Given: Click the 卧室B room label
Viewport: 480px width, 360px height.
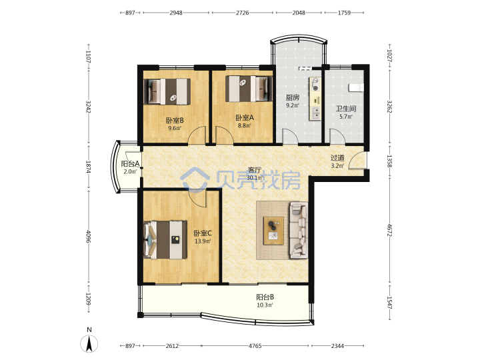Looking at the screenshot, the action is (x=175, y=120).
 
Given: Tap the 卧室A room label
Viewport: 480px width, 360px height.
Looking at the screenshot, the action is (x=245, y=117).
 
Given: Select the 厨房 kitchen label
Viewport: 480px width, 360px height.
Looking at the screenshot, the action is (x=293, y=97).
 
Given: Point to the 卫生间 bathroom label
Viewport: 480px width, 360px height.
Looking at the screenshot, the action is (x=346, y=109).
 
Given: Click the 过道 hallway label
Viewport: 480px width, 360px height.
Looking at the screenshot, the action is (x=337, y=158).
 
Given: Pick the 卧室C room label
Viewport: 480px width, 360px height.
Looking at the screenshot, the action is (x=203, y=233).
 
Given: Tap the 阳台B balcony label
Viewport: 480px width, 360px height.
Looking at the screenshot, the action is (x=265, y=297).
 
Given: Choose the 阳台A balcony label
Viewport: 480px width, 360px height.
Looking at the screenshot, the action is (x=131, y=164).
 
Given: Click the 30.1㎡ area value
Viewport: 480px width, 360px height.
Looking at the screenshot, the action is (x=255, y=178).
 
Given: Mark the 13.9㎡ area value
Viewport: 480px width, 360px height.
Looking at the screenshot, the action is (x=203, y=241).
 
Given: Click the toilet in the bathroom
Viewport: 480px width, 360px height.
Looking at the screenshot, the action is (x=356, y=87).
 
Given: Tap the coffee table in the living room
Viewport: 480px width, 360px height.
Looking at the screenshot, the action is (x=274, y=231).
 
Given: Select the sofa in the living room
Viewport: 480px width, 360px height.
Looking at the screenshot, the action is (x=299, y=230).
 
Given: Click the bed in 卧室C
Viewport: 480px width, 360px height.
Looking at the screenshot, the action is (x=165, y=240).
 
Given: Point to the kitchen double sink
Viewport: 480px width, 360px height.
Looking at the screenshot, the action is (x=315, y=113).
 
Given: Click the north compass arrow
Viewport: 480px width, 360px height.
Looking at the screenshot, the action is (x=89, y=344).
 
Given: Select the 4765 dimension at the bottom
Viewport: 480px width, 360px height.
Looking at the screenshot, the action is (x=255, y=346).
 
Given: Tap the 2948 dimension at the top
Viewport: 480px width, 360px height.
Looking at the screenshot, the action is (x=176, y=13).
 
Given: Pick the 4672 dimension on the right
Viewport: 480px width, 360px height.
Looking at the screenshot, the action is (x=389, y=230).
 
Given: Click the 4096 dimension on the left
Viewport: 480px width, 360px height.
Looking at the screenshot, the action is (x=89, y=236).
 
